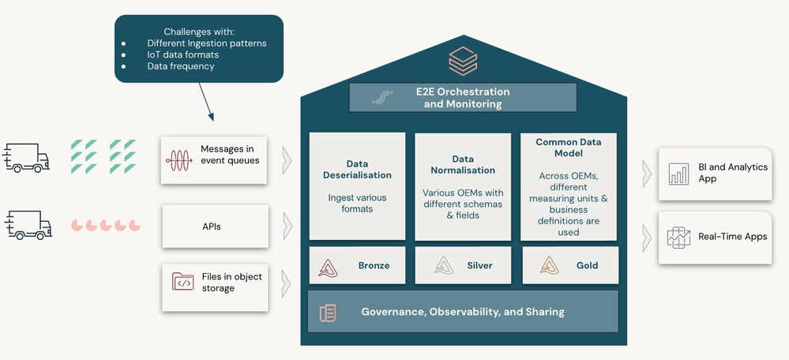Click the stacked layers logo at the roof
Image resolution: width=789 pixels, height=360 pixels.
pos(463,61)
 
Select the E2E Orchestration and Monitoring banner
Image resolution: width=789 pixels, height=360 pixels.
pos(463,98)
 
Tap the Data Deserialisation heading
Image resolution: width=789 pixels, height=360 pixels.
pos(357,170)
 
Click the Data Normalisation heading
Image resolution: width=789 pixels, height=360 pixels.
pos(463,165)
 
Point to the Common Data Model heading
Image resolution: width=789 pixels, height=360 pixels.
pos(569,148)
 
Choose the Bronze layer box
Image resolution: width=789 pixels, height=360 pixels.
pos(357,265)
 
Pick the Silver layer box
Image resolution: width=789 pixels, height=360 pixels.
pos(463,265)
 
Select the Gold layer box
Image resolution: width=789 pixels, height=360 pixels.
pos(570,265)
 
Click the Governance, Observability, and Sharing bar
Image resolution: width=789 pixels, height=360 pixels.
pos(463,312)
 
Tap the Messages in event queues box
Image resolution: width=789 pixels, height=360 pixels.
pos(214,160)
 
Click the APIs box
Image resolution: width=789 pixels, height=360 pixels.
pos(216,227)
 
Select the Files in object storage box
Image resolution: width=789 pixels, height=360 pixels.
pos(216,287)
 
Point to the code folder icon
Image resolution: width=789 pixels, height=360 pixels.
pos(182,282)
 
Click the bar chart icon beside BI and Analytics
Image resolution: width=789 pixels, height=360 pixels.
pos(678,174)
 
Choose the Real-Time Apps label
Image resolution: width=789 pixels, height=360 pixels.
pos(733,236)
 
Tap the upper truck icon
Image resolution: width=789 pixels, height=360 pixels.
pos(26,158)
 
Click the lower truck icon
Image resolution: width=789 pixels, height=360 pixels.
pos(28,225)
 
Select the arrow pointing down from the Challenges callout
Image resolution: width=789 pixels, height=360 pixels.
pos(206,102)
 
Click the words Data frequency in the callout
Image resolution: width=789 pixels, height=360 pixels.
pos(181,66)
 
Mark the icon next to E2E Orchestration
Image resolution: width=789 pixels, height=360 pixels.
pos(382,98)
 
